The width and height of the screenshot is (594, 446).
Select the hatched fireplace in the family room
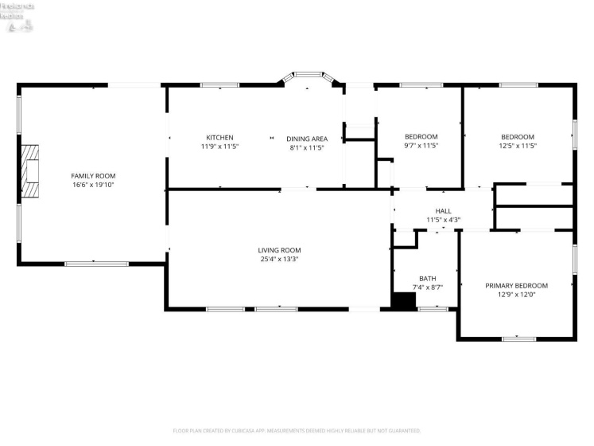(x=30, y=171)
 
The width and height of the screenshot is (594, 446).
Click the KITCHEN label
(x=219, y=137)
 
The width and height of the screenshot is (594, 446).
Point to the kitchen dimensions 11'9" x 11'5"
(x=219, y=147)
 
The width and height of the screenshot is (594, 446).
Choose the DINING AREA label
(x=307, y=139)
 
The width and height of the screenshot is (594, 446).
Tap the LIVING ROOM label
(x=280, y=250)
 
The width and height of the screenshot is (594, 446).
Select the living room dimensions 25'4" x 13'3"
(x=280, y=260)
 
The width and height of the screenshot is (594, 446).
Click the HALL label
(x=443, y=211)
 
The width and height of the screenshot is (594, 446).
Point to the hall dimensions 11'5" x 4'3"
(x=443, y=220)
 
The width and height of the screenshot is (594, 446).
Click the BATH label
(x=427, y=278)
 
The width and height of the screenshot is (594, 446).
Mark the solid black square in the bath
(x=404, y=300)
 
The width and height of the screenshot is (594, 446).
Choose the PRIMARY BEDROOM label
(x=516, y=285)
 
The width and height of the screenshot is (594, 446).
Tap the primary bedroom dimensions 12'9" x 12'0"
(x=516, y=295)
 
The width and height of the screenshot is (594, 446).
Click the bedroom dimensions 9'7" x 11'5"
(x=421, y=146)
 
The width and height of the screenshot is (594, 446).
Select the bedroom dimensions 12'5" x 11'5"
(x=517, y=146)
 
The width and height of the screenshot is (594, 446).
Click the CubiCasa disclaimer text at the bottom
(x=297, y=431)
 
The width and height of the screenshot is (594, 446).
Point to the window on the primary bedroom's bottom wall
(x=518, y=338)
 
